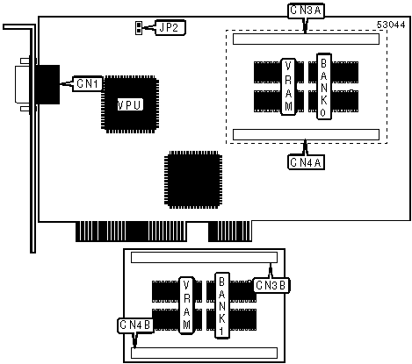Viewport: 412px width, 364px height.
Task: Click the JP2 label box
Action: point(170,28)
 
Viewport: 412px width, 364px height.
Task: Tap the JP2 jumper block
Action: point(138,28)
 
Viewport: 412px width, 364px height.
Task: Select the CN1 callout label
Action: point(88,83)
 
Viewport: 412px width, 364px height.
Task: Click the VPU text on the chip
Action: point(130,105)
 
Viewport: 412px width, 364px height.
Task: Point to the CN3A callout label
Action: point(306,11)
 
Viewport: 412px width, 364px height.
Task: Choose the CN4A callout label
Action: point(306,161)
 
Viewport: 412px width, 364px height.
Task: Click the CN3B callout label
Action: point(271,285)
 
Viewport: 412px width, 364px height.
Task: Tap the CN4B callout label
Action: point(135,325)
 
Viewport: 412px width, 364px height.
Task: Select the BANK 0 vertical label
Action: point(324,86)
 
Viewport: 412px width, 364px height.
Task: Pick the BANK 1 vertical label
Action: point(222,305)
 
